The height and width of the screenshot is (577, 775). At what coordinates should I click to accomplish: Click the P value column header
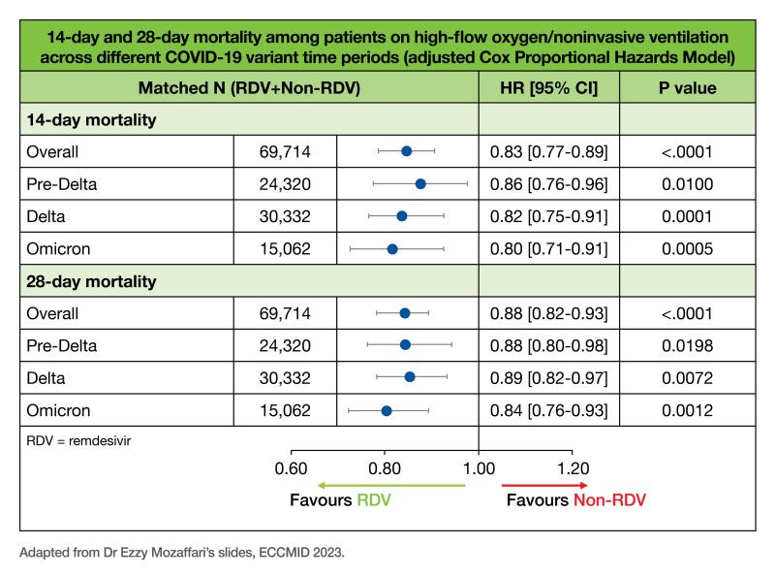click(x=687, y=88)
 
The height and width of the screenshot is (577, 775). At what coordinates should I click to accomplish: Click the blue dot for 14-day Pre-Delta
click(x=420, y=183)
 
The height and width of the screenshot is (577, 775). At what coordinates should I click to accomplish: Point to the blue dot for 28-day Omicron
click(x=387, y=411)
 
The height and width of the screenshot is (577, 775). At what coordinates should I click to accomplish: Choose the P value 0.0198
click(x=687, y=346)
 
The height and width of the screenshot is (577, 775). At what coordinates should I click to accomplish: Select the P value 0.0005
click(x=687, y=248)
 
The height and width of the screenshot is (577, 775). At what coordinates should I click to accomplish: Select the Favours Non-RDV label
click(x=574, y=501)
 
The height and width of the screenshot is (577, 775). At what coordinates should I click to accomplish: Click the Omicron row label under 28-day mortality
click(x=59, y=411)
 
